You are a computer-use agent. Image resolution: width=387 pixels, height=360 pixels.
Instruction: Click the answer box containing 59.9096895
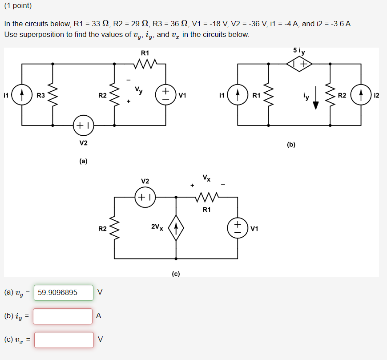point(63,292)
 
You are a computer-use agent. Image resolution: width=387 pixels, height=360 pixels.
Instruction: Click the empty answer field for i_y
point(63,316)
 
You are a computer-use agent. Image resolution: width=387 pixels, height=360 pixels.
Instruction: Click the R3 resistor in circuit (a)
point(53,95)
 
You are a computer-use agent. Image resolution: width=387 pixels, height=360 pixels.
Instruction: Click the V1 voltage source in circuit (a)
point(165,95)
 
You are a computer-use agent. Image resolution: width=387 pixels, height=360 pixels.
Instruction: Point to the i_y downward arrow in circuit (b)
point(316,99)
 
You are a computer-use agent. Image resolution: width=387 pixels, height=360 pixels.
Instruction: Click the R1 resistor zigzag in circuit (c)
point(206,196)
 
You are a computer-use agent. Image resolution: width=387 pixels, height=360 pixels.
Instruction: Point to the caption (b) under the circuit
point(291,144)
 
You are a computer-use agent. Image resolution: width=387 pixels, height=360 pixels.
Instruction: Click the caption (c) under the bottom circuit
point(176,274)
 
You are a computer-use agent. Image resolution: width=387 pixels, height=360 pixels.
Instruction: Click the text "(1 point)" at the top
point(18,6)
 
